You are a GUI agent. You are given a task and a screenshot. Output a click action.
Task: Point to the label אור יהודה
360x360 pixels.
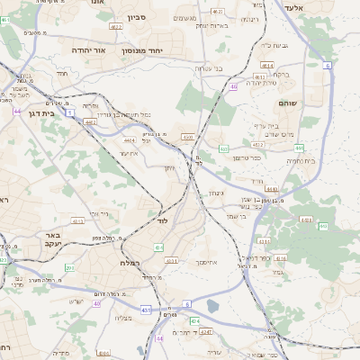point(87,51)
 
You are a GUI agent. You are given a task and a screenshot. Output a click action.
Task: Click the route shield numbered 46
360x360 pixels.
point(233,86)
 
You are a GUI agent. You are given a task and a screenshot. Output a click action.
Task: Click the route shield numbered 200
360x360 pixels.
point(70,268)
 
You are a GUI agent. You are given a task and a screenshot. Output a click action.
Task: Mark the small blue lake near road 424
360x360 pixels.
point(212,306)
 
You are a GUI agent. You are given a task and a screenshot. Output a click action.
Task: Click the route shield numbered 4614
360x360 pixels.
point(265,65)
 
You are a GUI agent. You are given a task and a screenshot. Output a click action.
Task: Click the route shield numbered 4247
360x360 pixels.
point(205,332)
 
